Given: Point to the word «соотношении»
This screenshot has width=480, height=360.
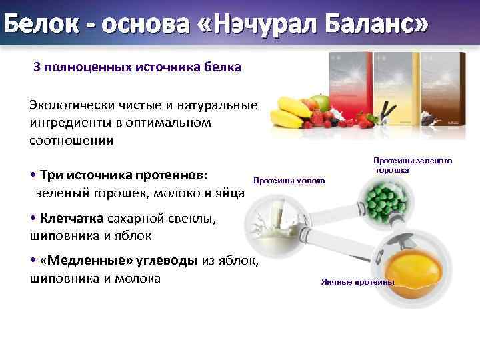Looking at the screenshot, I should coord(71,141).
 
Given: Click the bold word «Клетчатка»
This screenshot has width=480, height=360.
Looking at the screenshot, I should coord(71,218).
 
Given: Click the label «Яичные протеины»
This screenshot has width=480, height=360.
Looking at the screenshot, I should coord(357,282).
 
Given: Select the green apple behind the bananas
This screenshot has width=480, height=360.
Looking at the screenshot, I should coord(321,102).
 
